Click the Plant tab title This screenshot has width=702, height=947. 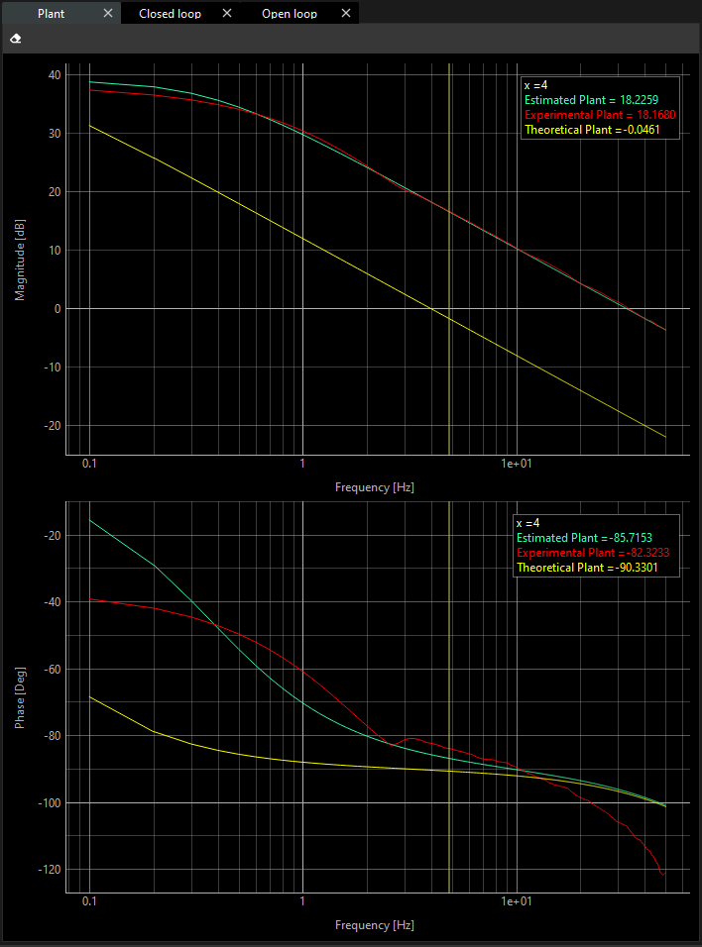click(51, 14)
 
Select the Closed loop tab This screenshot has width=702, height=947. click(170, 14)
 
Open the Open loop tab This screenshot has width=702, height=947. click(290, 14)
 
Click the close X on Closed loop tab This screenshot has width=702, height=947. click(227, 14)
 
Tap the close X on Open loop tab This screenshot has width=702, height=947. click(345, 14)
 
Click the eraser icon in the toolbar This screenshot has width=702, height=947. click(15, 39)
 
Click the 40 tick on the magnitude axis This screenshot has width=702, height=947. click(54, 75)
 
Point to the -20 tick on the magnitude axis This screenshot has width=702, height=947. click(51, 426)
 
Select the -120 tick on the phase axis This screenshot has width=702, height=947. click(48, 870)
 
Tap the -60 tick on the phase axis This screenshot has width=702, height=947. click(51, 670)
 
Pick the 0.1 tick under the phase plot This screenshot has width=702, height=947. click(90, 903)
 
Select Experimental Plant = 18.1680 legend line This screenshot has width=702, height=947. click(600, 115)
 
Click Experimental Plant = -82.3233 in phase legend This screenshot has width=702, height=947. click(596, 553)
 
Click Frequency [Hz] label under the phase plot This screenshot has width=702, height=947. click(374, 925)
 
